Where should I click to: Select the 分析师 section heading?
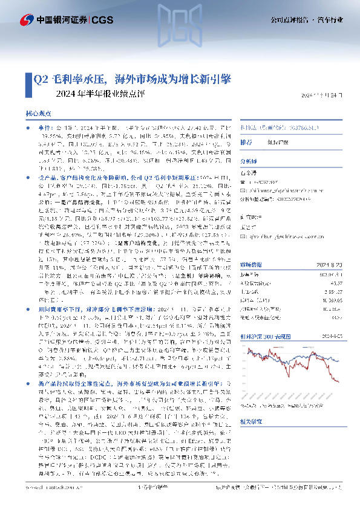(249, 162)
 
